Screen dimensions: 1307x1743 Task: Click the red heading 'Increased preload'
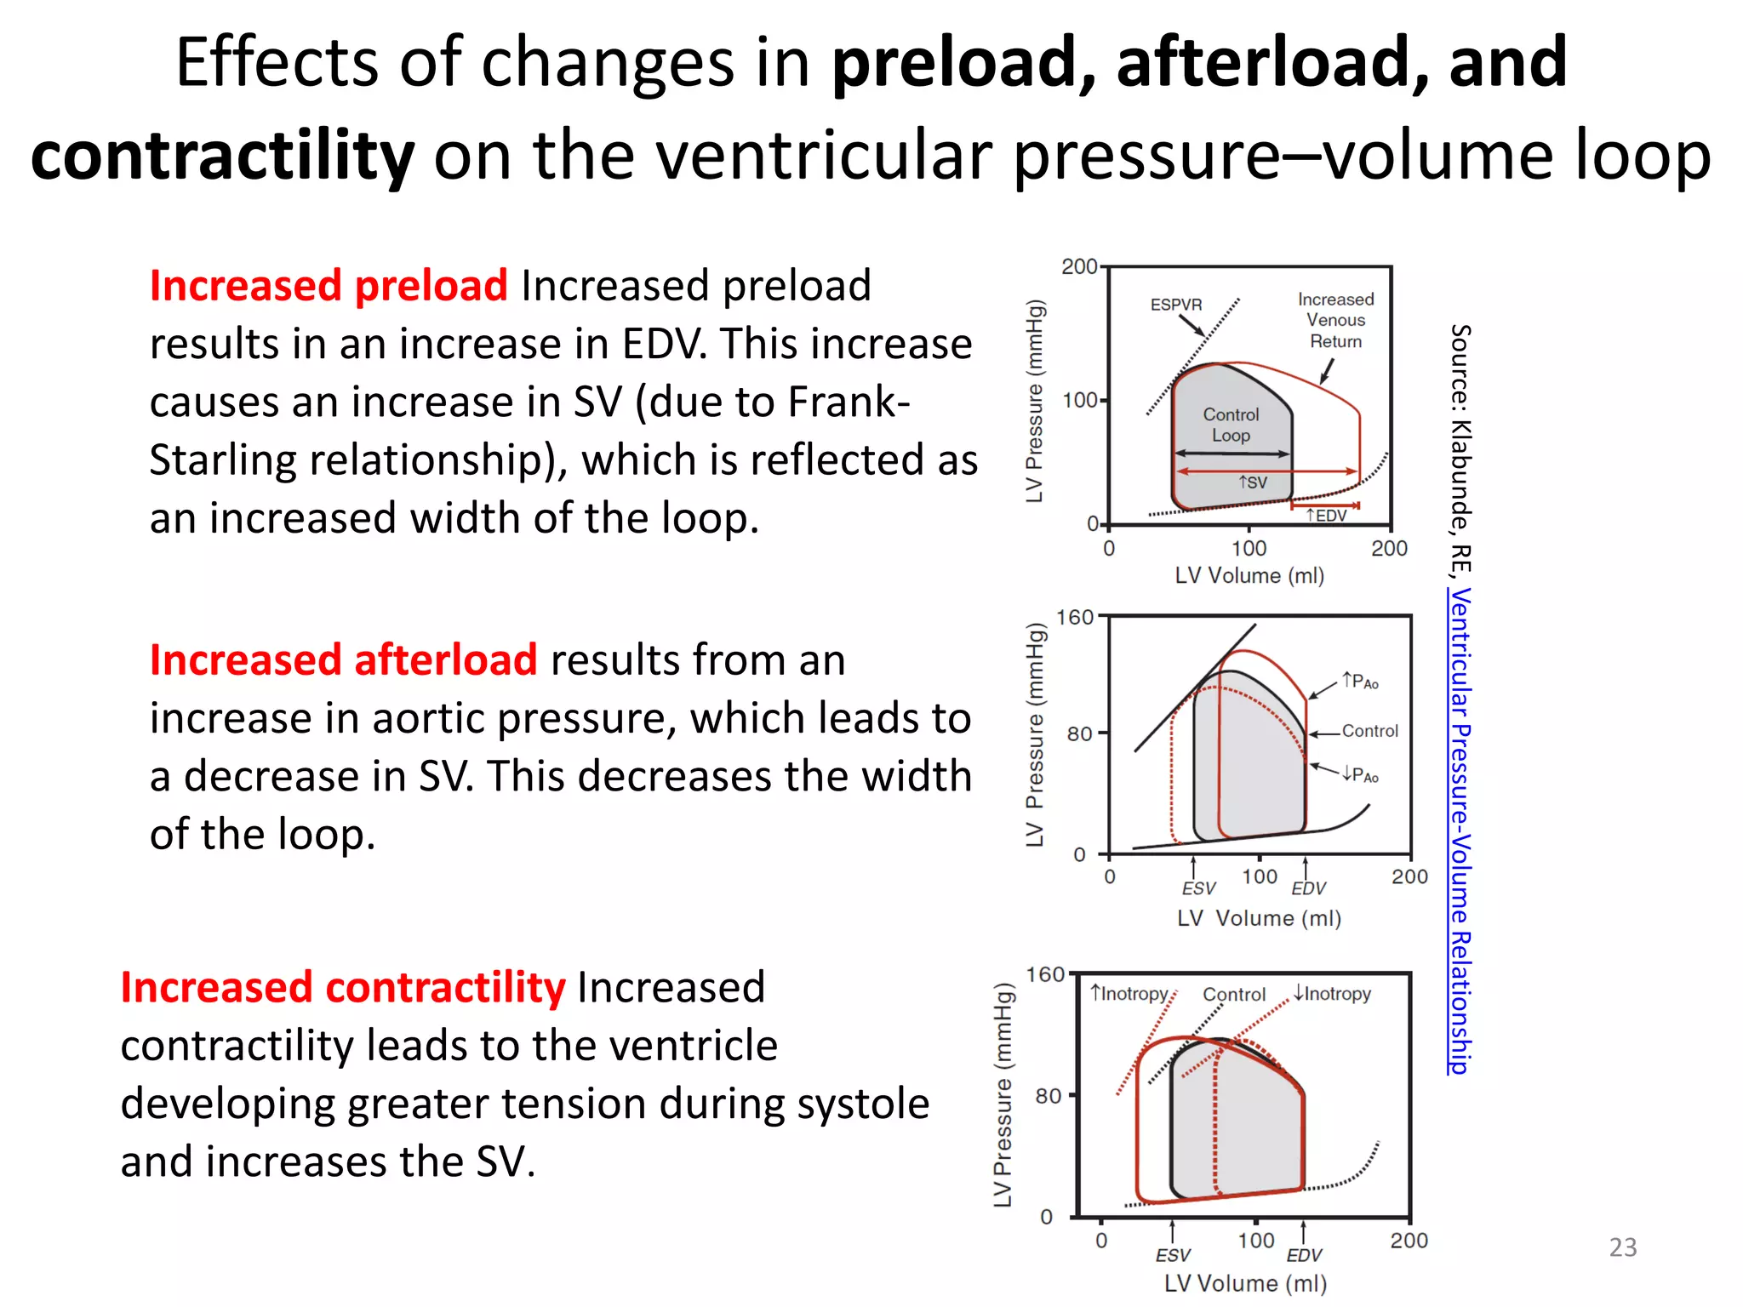pos(329,286)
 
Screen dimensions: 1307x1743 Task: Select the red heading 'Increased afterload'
pos(343,660)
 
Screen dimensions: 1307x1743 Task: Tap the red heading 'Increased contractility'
pos(342,988)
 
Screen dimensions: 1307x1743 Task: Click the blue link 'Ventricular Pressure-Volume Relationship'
pos(1460,830)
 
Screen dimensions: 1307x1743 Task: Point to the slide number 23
pos(1622,1247)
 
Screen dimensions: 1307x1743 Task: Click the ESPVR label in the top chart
pos(1176,305)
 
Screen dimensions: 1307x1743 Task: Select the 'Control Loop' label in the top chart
pos(1231,425)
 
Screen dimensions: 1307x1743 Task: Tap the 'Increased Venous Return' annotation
pos(1335,321)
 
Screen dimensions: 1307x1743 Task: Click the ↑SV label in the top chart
pos(1253,482)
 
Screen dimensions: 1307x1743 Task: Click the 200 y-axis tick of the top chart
pos(1079,267)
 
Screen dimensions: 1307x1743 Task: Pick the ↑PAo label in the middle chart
pos(1360,682)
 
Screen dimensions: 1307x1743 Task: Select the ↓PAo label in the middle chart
pos(1360,774)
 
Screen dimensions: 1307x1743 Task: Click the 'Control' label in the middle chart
pos(1369,731)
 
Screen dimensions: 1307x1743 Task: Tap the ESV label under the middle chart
pos(1198,889)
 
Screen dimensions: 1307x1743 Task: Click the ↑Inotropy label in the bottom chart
pos(1129,994)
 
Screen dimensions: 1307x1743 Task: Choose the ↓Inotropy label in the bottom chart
pos(1332,994)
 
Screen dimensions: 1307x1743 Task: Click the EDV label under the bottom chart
pos(1304,1256)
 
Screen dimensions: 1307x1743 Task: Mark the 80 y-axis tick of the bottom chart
pos(1048,1096)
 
